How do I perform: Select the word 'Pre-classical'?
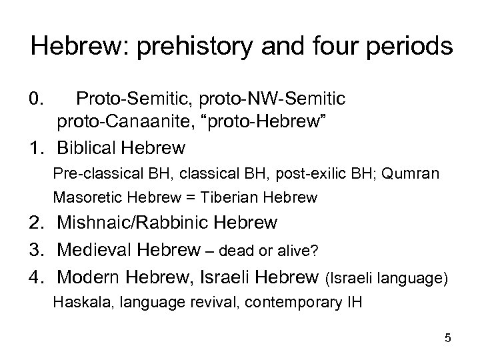point(89,173)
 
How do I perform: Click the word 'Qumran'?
point(414,173)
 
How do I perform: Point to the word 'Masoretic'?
point(83,197)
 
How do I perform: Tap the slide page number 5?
point(447,339)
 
